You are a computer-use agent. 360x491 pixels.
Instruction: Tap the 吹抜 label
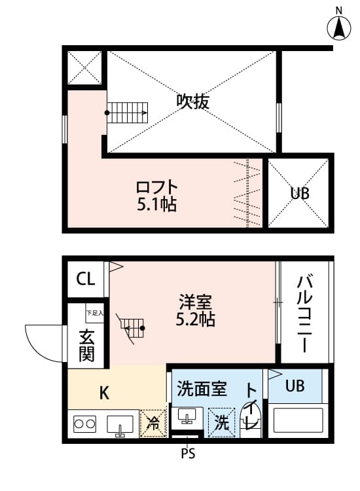point(193,101)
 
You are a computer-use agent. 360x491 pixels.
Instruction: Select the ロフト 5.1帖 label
point(157,196)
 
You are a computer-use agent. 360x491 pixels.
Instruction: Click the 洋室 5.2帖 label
point(195,310)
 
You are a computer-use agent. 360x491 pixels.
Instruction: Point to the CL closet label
point(86,278)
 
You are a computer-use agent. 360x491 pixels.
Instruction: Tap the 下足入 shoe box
point(94,313)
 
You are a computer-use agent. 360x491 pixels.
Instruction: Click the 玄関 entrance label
point(86,346)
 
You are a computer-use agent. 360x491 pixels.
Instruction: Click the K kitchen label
point(104,393)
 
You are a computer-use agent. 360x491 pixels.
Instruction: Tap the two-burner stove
point(84,424)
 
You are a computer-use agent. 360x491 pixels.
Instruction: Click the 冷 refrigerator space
point(153,424)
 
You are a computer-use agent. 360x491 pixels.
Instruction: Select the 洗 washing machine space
point(222,423)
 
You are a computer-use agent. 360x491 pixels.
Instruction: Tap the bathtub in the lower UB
point(298,420)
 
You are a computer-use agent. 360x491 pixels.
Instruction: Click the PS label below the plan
point(188,453)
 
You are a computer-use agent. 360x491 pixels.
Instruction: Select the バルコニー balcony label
point(304,313)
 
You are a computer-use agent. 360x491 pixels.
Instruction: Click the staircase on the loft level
point(128,113)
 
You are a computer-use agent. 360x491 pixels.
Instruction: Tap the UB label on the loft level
point(300,193)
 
